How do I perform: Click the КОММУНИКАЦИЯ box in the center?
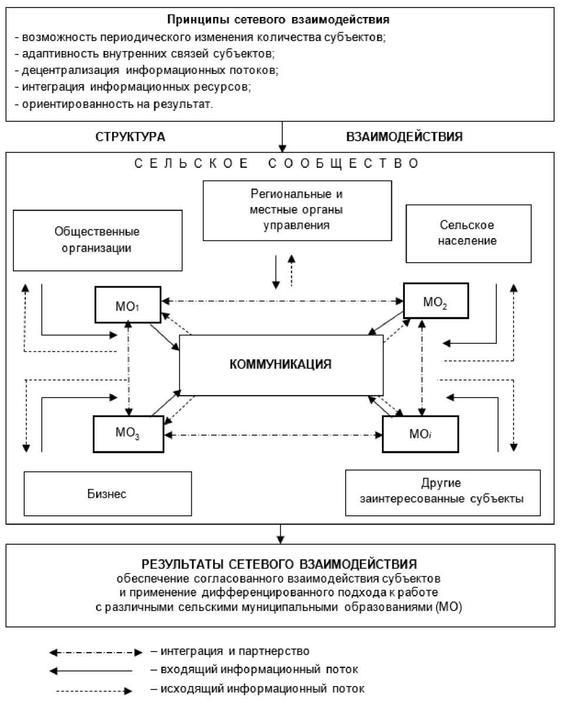(281, 364)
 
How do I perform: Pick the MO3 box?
(129, 435)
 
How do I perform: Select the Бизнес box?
(108, 493)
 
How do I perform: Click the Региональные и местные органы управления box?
(296, 210)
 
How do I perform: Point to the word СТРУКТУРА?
(130, 137)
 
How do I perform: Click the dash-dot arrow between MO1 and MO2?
(282, 301)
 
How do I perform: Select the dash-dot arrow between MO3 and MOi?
(273, 435)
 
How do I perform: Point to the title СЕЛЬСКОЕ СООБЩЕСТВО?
(276, 164)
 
